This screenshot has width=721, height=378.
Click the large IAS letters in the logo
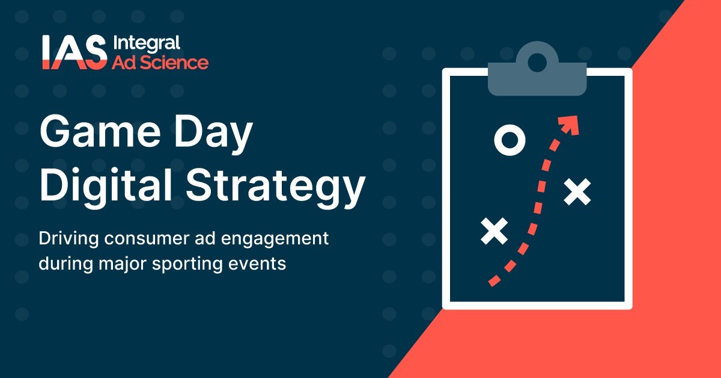(75, 52)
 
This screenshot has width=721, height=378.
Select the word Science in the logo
(174, 63)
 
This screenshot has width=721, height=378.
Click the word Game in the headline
(100, 132)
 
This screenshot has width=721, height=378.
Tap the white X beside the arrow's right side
(577, 191)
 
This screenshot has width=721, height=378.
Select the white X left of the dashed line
(494, 231)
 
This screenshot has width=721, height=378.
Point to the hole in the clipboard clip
(537, 63)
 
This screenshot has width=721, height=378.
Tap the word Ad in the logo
(124, 63)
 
